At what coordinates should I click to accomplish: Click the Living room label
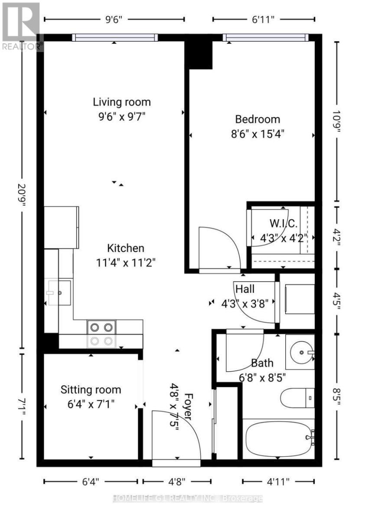coord(122,102)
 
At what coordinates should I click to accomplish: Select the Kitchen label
coord(126,248)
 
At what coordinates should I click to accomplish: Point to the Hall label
coord(245,289)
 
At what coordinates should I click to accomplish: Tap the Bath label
coord(262,363)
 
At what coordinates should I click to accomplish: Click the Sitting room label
coord(91,389)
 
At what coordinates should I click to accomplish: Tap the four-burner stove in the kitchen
coord(101,333)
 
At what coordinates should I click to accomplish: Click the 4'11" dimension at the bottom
coord(278,481)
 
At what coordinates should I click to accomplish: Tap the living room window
coord(115,38)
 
